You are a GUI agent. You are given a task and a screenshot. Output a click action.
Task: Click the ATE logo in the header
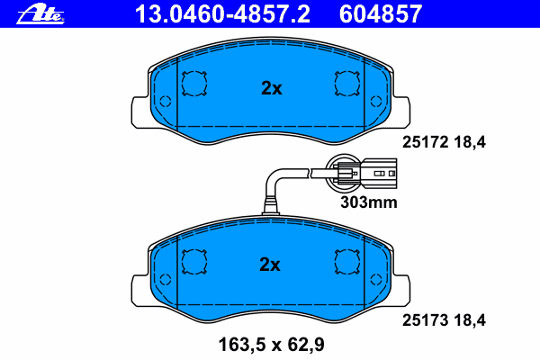(x=45, y=13)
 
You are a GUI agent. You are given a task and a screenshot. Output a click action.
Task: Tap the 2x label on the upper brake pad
(x=271, y=88)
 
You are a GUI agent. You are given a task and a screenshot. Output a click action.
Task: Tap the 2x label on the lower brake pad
(x=271, y=265)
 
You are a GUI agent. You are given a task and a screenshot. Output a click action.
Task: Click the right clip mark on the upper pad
(x=346, y=84)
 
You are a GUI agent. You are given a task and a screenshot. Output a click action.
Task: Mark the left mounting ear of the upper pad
(x=140, y=110)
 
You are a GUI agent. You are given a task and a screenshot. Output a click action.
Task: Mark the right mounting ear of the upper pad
(x=400, y=110)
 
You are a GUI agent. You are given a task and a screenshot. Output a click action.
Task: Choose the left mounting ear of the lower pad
(x=140, y=286)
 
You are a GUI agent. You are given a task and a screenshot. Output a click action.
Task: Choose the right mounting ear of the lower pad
(x=400, y=286)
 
